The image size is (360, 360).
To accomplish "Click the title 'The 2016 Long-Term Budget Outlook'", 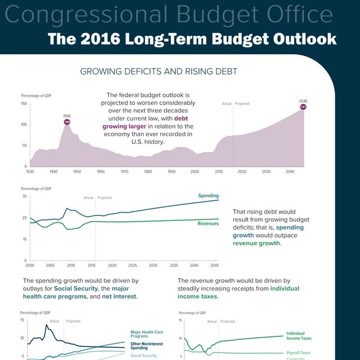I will (x=192, y=39).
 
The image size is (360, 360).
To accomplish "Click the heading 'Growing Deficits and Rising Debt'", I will (x=159, y=71).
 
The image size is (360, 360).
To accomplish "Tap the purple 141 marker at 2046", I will (x=303, y=106).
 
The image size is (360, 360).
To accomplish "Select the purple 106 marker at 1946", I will (x=67, y=121).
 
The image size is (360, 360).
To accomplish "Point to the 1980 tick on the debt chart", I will (x=148, y=171).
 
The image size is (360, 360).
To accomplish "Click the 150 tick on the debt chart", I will (x=24, y=103).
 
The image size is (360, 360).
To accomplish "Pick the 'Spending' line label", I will (x=208, y=196).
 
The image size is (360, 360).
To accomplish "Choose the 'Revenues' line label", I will (x=208, y=224).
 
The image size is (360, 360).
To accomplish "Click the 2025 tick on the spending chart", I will (x=132, y=265).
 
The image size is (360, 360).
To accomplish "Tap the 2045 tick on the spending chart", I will (x=214, y=265).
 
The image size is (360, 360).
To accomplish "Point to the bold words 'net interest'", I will (x=119, y=296).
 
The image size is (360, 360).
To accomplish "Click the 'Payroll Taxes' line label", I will (x=298, y=353).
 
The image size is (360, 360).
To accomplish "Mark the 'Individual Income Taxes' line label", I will (x=299, y=336).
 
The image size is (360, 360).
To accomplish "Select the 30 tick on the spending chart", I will (x=24, y=196).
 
